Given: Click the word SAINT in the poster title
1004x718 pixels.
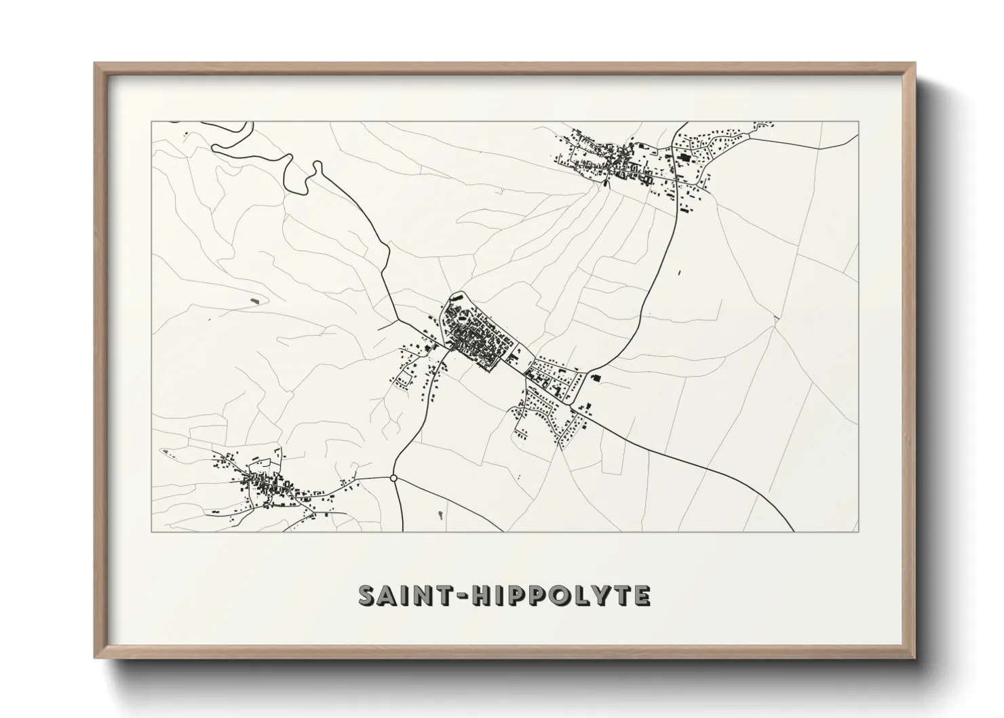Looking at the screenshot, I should [x=397, y=595].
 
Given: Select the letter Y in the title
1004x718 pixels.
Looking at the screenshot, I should [x=603, y=595].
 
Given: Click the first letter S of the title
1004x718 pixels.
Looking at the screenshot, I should [x=366, y=595].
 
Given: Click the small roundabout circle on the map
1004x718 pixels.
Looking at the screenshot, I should [x=393, y=478].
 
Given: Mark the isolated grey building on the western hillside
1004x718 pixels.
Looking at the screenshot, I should [x=255, y=299].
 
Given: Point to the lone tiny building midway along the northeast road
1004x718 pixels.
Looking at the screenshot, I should [x=679, y=273].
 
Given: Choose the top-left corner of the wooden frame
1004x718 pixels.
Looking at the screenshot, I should [x=96, y=64].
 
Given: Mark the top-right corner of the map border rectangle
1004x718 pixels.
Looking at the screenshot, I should [x=859, y=121].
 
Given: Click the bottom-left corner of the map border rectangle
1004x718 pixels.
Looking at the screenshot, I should [x=151, y=531].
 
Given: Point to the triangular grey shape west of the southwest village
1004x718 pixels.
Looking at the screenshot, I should [x=166, y=451].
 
